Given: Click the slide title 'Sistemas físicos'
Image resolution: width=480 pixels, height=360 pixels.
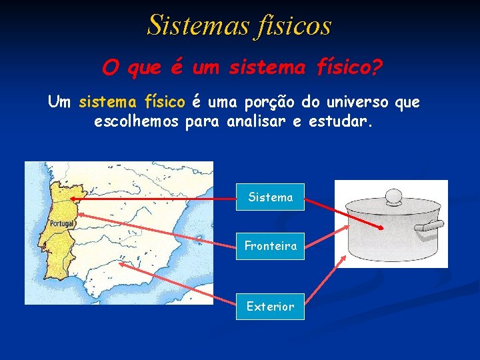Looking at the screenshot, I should [x=239, y=25].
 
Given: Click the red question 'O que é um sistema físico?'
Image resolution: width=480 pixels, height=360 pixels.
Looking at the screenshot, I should [x=243, y=67].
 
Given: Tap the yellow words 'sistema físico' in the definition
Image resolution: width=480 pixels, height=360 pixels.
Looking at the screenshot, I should [x=132, y=103].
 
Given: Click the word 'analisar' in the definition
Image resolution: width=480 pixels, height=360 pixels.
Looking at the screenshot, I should [x=256, y=123].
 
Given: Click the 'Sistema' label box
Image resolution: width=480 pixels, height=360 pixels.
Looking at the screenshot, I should [x=270, y=197].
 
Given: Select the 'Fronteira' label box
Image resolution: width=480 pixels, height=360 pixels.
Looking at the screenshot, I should [x=270, y=246].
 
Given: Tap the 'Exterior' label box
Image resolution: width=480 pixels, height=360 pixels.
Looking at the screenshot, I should [x=270, y=307].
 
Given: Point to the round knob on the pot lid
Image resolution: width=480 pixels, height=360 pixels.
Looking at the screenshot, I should [x=393, y=197].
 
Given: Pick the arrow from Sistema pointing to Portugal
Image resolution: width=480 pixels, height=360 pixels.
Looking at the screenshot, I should [x=153, y=199].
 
